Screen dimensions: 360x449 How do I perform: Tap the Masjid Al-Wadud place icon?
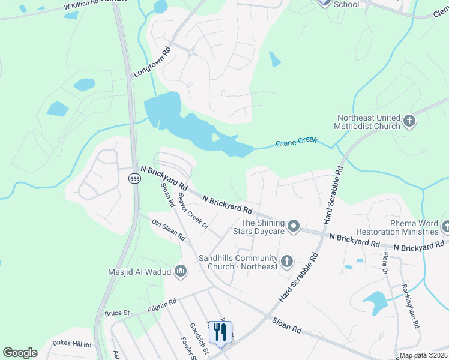coord(181,272)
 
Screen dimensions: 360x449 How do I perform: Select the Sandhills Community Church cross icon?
coord(287,261)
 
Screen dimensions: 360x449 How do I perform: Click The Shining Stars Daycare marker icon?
coord(294,226)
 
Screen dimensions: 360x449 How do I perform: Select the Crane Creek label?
coord(296,142)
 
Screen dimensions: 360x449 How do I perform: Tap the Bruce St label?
coord(117,313)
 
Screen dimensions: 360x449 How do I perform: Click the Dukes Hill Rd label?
coord(71,344)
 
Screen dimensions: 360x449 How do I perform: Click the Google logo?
coord(20,353)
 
